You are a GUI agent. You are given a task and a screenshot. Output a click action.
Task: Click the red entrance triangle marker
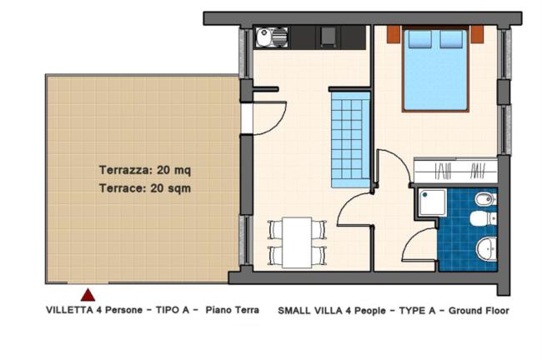coord(88,295)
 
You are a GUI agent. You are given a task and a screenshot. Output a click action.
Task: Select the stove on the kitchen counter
coord(328,36)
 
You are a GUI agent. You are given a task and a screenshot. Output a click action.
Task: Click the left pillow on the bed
coord(419,39)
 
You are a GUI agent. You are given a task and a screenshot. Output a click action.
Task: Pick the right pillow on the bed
coord(451,39)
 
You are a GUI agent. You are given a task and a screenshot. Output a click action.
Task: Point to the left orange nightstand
coord(394,34)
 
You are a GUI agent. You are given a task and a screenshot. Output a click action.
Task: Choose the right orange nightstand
coord(477,34)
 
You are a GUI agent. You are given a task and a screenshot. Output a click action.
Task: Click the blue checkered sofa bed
coord(350,139)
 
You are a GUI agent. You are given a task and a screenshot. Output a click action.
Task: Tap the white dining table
coord(297,242)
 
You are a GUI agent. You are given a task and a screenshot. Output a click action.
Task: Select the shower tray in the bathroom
coord(432,202)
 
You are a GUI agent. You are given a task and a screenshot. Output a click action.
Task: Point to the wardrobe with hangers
coord(455,170)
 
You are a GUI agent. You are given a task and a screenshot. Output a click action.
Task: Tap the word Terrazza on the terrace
coord(125,170)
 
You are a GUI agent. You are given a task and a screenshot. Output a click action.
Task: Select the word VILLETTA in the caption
coord(69,310)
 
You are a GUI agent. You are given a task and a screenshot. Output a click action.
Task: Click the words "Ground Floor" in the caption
coord(479,311)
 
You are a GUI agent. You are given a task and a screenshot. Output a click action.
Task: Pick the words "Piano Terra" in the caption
coord(233,310)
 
